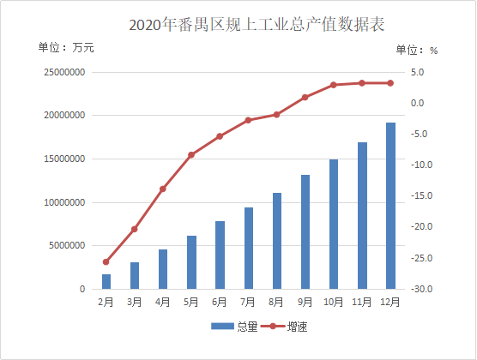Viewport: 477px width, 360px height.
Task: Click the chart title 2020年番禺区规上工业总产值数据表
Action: (257, 23)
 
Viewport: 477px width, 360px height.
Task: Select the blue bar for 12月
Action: (390, 206)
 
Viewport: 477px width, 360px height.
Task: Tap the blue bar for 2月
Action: (106, 282)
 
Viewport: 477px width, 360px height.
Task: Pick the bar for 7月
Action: (249, 249)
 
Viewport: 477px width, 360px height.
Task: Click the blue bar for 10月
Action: (334, 225)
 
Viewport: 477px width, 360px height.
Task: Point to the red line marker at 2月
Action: (106, 262)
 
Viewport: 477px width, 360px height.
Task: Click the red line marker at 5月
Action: (191, 155)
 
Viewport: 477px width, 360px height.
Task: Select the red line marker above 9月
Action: (305, 98)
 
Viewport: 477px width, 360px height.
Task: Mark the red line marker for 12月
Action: (390, 83)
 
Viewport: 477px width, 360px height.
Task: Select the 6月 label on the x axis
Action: (220, 303)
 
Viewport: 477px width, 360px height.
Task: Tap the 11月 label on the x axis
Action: (362, 303)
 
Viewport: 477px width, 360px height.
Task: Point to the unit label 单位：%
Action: (420, 50)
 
